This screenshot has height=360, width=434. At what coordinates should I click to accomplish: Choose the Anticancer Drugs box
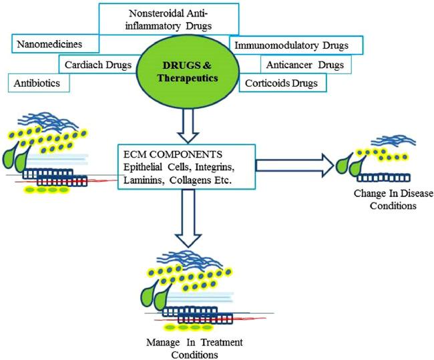[304, 65]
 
